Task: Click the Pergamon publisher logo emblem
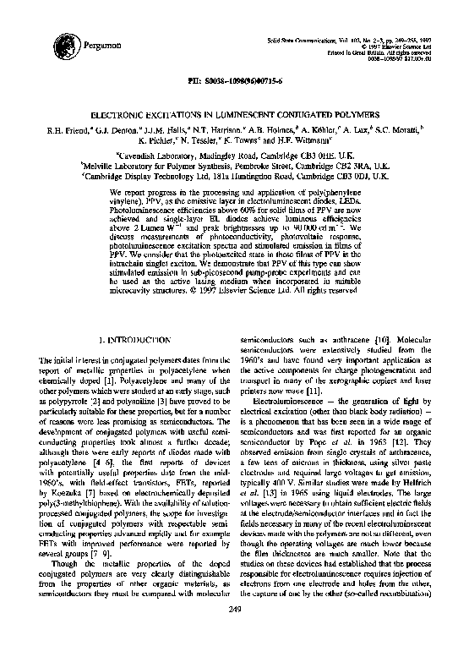point(63,42)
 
